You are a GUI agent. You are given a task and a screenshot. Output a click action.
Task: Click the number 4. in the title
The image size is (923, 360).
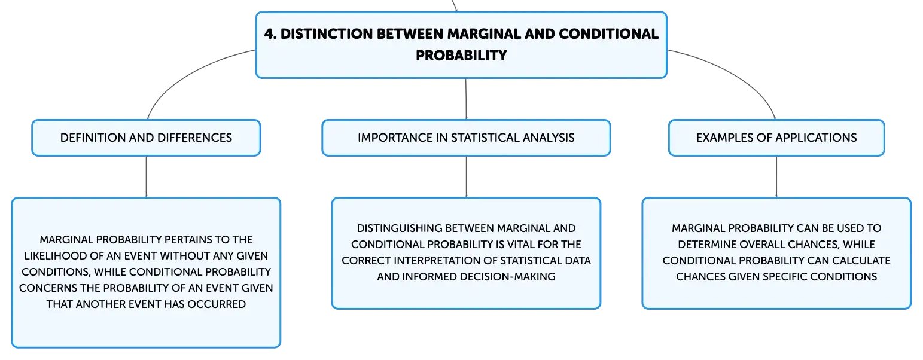coord(270,33)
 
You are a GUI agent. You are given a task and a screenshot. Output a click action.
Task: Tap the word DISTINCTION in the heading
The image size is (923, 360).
coord(327,33)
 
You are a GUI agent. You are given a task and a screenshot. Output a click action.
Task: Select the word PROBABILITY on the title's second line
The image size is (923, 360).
coord(461,55)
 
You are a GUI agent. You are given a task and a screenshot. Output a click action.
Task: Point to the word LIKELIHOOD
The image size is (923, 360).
coord(55,256)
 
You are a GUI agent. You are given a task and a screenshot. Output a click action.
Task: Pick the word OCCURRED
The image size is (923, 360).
coord(217,304)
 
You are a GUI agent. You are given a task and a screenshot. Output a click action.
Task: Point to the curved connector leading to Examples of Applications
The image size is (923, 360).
coord(738,74)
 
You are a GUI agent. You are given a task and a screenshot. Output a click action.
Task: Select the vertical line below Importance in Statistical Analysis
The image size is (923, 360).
coord(466,176)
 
